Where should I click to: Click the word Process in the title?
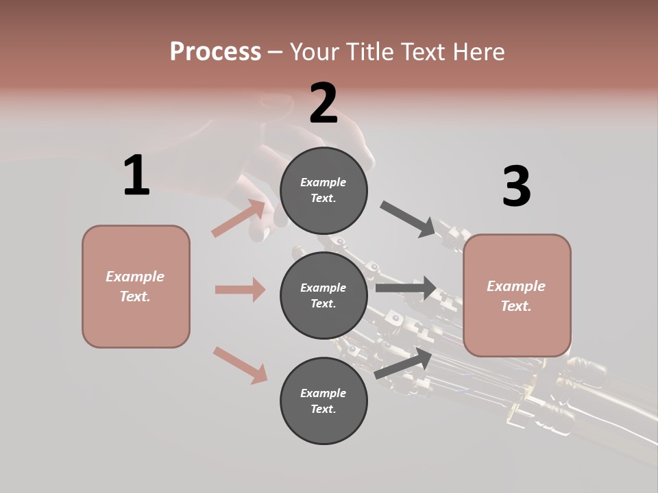pos(215,52)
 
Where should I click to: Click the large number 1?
pos(136,176)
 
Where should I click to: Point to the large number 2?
pos(324,103)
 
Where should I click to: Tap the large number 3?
pos(516,186)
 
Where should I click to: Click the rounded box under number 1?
pos(136,286)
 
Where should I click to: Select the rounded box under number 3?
pos(517,296)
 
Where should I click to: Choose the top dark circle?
pos(324,190)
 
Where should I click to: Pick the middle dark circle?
pos(324,295)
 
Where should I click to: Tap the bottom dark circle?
pos(324,401)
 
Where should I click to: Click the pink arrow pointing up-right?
pos(239,218)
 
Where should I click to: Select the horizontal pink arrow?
pos(240,290)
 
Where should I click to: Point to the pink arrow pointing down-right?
pos(240,365)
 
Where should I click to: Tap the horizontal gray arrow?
pos(406,288)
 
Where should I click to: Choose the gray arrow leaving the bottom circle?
pos(403,363)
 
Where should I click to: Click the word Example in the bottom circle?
pos(324,393)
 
